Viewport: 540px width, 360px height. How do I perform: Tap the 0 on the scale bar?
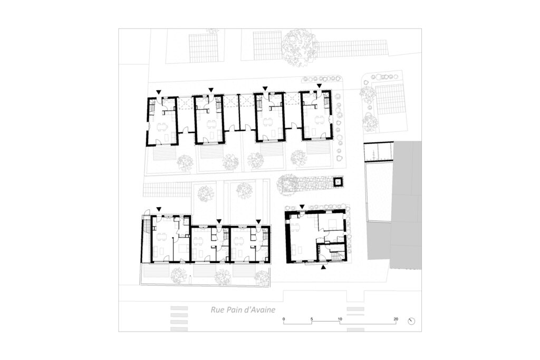284,319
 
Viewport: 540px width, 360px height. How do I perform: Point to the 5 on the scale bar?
312,319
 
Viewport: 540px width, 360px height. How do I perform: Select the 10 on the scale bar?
340,319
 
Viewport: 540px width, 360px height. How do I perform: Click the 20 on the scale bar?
396,319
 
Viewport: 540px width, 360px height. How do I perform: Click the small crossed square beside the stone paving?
338,182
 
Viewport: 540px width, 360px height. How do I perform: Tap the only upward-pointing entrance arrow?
324,267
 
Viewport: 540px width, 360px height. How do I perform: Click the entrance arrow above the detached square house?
302,206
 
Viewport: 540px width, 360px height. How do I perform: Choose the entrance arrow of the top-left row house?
159,91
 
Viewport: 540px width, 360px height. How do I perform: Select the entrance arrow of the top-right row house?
319,85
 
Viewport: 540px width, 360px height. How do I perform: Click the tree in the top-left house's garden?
185,162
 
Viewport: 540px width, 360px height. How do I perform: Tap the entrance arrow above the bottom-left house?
159,209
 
